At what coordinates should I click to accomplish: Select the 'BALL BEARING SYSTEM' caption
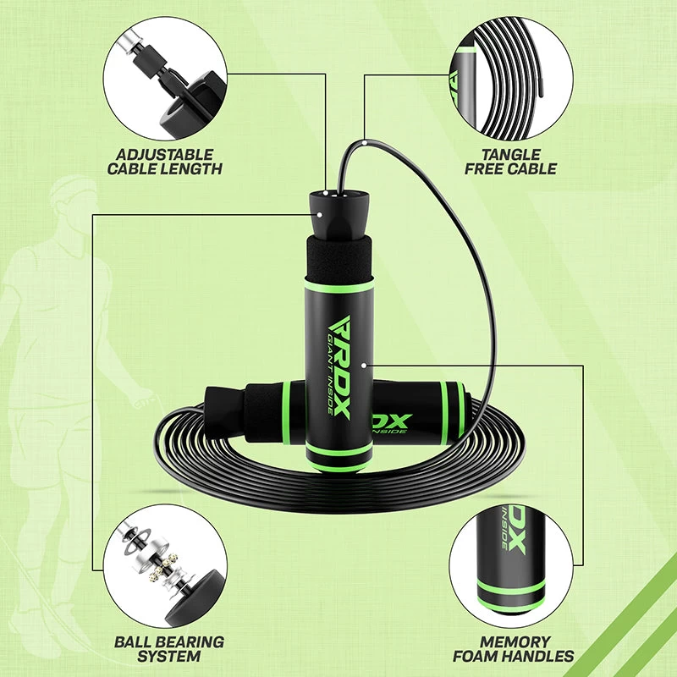coord(169,648)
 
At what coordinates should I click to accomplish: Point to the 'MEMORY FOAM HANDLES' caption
coord(513,648)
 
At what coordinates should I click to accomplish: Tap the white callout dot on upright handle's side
coord(362,366)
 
